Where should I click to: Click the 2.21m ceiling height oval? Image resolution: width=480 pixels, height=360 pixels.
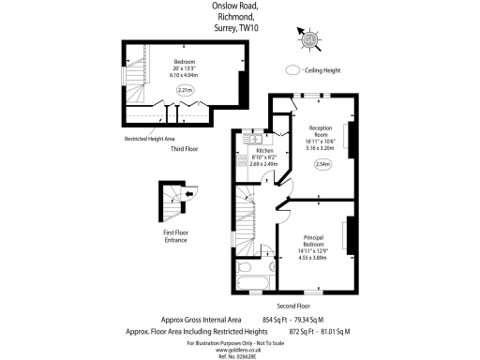183,91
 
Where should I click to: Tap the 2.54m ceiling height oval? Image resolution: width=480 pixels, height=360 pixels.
322,165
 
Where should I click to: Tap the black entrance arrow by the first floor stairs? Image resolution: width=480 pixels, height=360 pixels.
189,194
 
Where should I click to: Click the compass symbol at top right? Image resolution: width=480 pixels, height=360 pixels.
309,38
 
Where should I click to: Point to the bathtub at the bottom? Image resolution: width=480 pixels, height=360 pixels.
253,281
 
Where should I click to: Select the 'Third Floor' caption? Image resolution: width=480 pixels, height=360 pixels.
183,148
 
